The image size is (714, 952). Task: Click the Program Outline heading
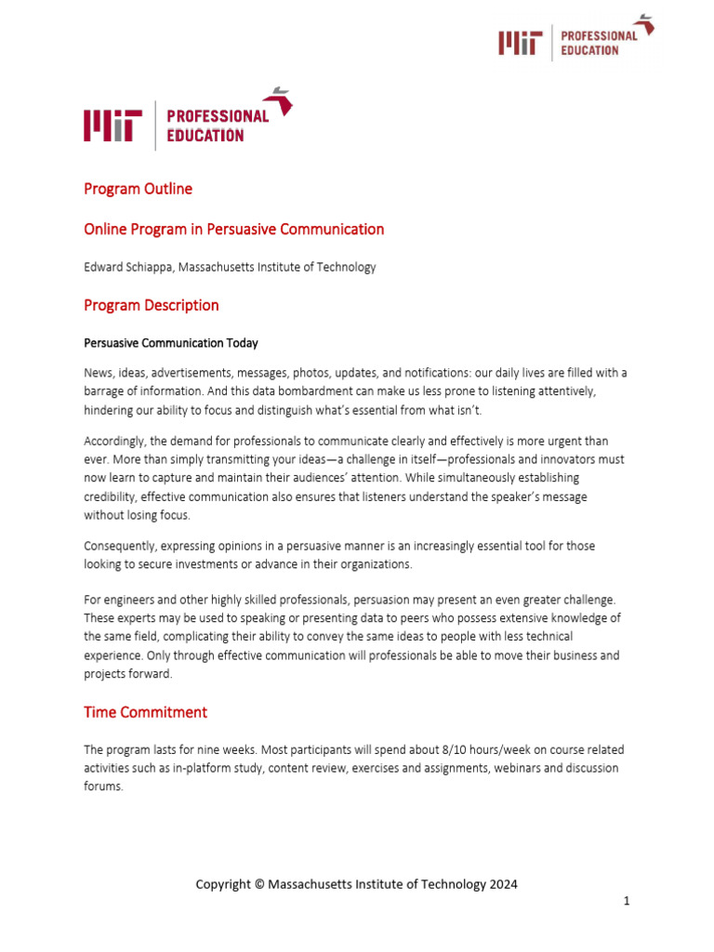click(138, 189)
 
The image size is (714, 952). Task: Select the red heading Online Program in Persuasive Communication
click(233, 229)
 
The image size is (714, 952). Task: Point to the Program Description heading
click(152, 305)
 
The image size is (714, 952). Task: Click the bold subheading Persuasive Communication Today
click(171, 343)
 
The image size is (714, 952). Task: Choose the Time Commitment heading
click(145, 712)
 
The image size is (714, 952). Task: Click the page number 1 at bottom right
click(627, 901)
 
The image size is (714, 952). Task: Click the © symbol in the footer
click(258, 884)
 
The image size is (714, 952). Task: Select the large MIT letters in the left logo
click(113, 126)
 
